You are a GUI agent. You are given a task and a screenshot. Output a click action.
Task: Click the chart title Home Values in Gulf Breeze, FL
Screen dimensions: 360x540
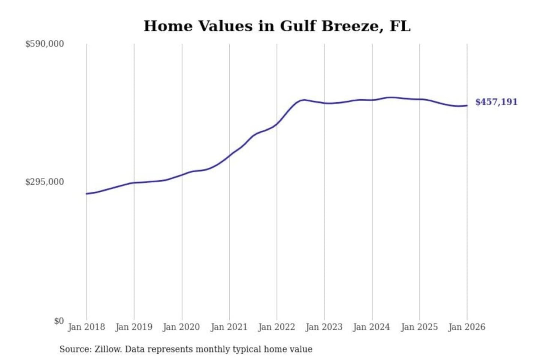[277, 26]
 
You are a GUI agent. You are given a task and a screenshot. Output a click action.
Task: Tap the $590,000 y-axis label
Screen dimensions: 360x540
[44, 44]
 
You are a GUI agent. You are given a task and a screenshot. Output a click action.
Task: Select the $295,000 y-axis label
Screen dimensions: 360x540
[44, 182]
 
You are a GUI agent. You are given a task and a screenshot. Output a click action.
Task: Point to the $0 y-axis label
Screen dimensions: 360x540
[59, 321]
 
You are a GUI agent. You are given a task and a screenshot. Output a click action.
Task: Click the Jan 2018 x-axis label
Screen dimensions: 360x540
[86, 327]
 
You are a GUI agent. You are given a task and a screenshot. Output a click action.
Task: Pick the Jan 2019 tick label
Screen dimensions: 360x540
[134, 327]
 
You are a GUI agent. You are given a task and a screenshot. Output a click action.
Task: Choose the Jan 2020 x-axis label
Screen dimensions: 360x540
[181, 327]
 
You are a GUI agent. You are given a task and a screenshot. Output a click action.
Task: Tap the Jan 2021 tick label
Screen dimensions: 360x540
[229, 327]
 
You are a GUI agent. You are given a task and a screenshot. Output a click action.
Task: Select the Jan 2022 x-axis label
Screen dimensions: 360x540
[277, 327]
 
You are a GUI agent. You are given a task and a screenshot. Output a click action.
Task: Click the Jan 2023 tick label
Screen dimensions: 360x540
[324, 327]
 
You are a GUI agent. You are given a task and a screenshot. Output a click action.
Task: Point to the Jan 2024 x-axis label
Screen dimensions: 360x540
[372, 327]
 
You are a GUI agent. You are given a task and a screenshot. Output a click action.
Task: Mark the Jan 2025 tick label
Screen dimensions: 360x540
[419, 327]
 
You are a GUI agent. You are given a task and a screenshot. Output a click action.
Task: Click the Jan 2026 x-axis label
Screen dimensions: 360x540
[467, 327]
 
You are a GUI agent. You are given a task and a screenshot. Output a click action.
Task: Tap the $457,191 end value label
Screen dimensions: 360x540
[496, 102]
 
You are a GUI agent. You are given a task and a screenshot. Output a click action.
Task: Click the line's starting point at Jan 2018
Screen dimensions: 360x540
[87, 194]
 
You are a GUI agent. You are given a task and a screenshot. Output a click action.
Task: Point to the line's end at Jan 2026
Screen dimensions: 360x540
[467, 105]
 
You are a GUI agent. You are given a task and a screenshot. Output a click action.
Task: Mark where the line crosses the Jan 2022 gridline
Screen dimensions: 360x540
[277, 124]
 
